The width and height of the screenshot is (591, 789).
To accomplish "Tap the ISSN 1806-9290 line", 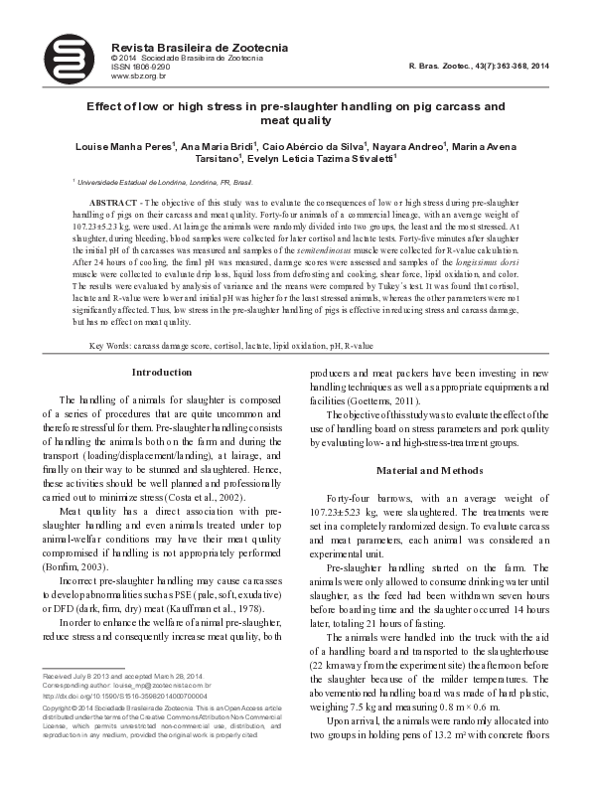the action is [x=140, y=67].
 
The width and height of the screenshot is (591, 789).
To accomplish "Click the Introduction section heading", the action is [x=162, y=373].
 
